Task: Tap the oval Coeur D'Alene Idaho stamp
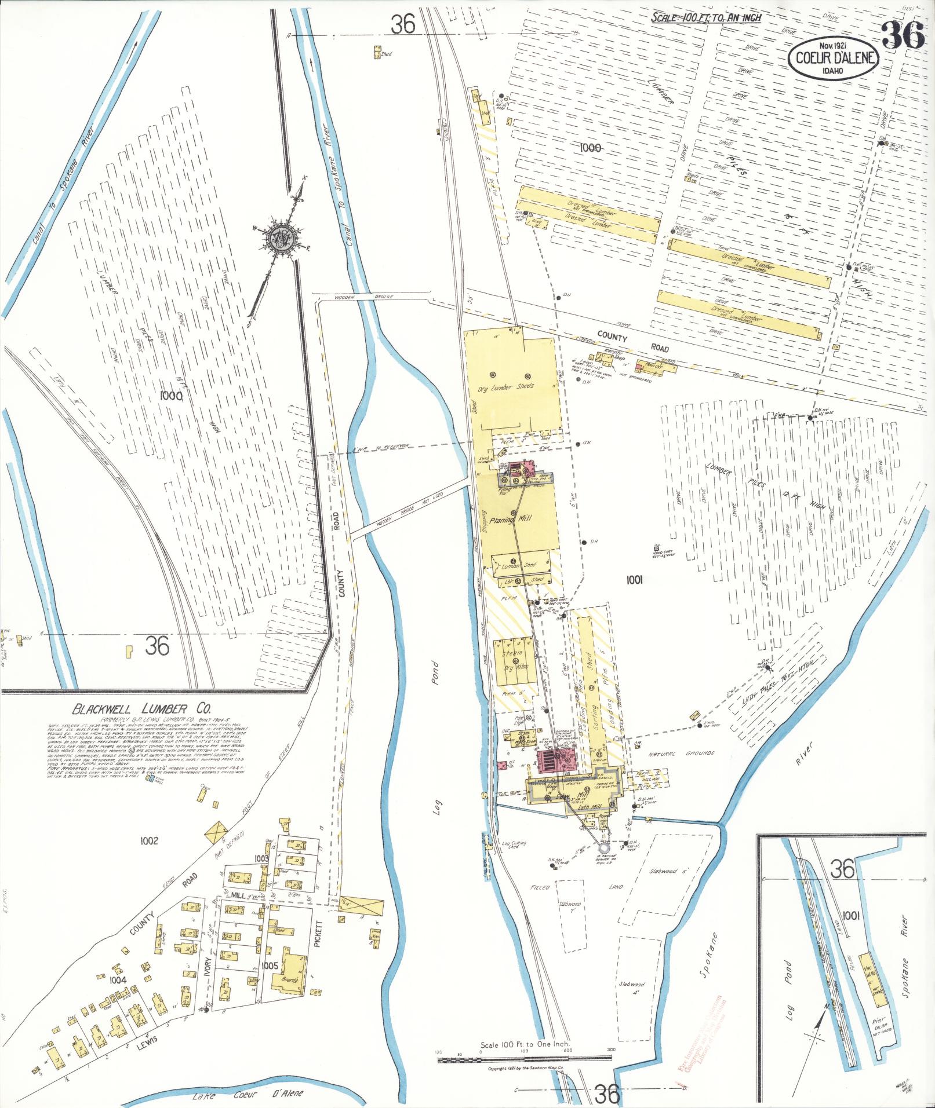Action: [832, 58]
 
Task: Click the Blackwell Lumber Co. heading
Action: [141, 709]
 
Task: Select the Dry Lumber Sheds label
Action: [505, 386]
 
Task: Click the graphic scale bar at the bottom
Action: [525, 1058]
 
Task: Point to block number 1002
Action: [149, 840]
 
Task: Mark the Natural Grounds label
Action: [681, 754]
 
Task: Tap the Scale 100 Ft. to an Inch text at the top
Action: [706, 17]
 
